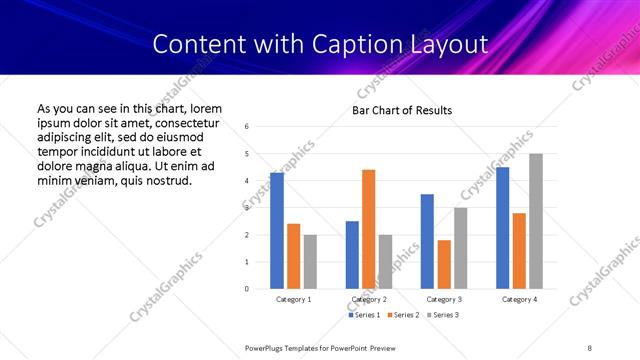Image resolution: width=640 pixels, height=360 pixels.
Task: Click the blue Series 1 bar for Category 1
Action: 277,231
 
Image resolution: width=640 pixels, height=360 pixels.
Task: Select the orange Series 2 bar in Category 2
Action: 368,229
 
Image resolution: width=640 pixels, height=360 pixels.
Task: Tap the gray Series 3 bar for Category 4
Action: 536,221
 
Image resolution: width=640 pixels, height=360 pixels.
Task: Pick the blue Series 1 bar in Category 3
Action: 427,241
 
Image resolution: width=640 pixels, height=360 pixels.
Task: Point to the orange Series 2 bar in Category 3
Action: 444,264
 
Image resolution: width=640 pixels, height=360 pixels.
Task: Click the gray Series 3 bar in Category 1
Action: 310,261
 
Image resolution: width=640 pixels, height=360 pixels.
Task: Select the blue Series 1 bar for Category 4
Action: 502,228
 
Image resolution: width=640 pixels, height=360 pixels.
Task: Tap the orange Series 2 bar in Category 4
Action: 519,250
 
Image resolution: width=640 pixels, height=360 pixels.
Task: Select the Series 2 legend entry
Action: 401,315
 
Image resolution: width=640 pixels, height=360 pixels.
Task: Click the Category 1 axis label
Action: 293,299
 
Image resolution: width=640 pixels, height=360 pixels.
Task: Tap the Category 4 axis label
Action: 519,299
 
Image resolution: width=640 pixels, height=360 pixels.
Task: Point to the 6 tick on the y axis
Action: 247,127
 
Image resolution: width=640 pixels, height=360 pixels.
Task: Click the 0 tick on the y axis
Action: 247,289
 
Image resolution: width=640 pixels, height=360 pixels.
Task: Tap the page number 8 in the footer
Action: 590,347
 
